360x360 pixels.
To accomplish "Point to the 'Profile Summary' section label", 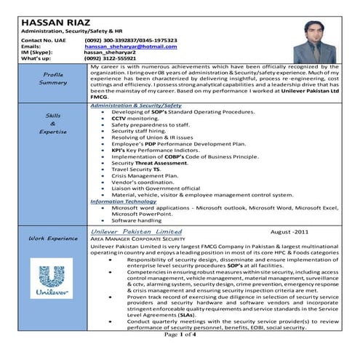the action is pos(53,79).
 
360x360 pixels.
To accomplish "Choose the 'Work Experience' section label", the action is pos(53,238).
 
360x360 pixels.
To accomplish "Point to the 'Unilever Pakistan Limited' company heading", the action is pos(137,231).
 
